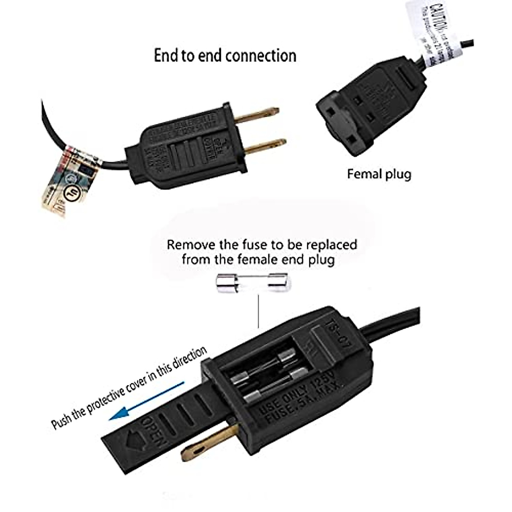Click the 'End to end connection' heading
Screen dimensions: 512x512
click(225, 56)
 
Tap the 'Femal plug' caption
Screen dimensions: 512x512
click(379, 174)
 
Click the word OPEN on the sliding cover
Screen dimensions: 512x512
click(151, 431)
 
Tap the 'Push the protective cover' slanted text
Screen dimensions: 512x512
click(128, 386)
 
